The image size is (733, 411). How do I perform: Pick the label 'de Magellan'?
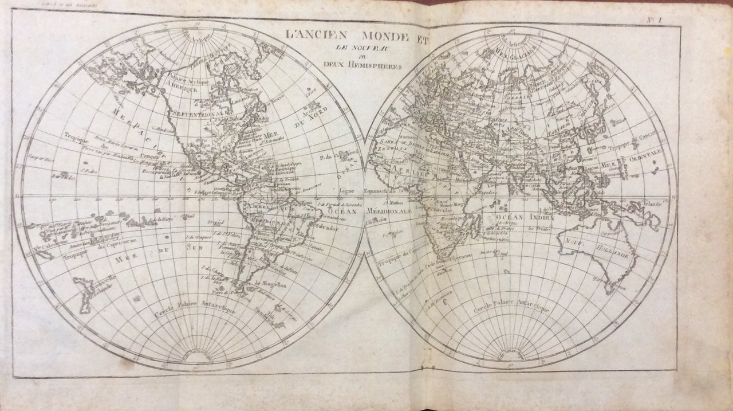pyautogui.click(x=269, y=283)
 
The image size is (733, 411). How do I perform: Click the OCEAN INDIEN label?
pyautogui.click(x=526, y=218)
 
